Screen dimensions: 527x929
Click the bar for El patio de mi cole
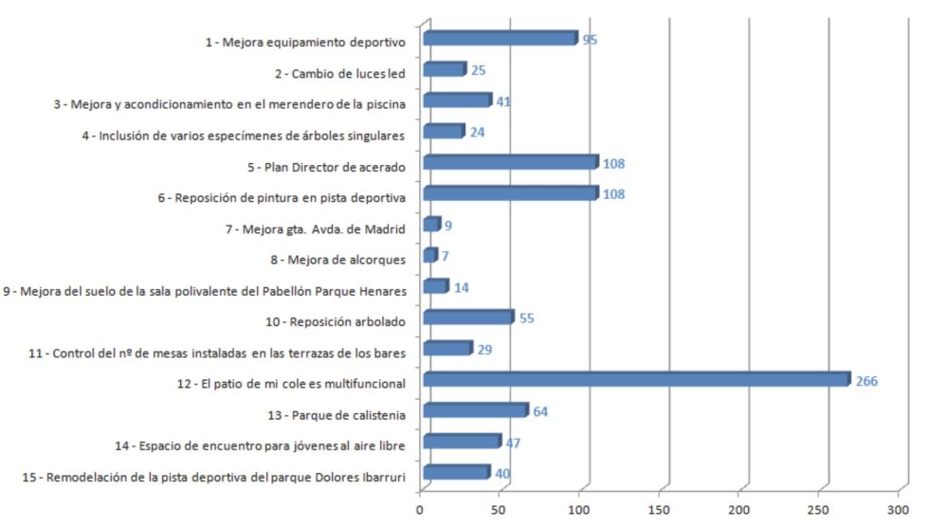tap(635, 380)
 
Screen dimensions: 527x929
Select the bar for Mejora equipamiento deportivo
tap(500, 39)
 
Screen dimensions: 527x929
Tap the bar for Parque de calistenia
tap(474, 410)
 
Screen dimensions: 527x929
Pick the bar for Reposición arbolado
tap(467, 318)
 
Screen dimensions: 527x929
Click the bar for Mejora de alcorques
tap(429, 256)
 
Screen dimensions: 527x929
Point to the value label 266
tap(866, 381)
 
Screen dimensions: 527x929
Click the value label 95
tap(590, 40)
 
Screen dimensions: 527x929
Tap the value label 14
tap(462, 287)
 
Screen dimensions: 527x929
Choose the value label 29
tap(484, 350)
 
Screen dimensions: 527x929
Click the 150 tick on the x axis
tap(659, 509)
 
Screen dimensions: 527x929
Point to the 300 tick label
tap(897, 509)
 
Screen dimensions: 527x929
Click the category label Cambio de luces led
tap(339, 73)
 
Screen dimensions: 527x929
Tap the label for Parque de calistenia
tap(350, 414)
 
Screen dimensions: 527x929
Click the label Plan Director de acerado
tap(325, 167)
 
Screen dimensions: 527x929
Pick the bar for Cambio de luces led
tap(444, 69)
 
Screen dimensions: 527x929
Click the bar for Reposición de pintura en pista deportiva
tap(510, 193)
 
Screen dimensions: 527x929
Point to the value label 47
tap(513, 443)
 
